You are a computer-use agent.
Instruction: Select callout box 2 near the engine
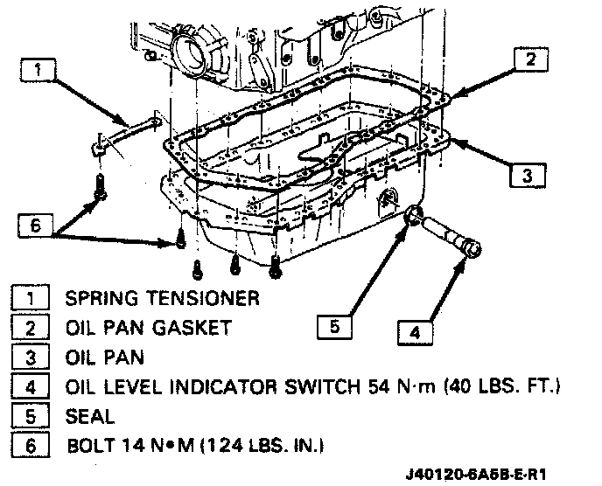pos(529,59)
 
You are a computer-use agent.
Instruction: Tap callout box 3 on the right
pos(526,175)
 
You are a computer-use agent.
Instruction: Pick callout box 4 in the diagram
pos(416,331)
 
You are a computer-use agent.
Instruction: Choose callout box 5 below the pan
pos(336,327)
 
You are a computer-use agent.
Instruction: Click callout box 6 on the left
pos(34,225)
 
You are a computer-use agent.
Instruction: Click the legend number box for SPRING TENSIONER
pos(31,298)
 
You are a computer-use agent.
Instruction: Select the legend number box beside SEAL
pos(31,415)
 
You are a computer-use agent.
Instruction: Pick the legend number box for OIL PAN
pos(31,357)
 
